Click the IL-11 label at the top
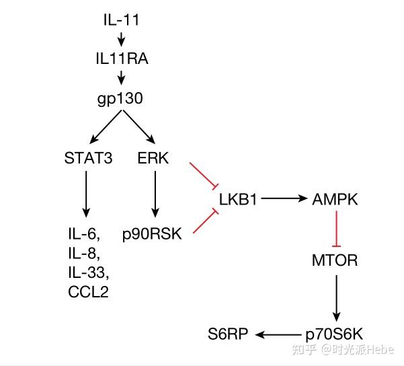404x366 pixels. click(121, 18)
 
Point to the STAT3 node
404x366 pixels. click(88, 159)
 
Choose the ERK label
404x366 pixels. click(155, 159)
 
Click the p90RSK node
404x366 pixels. click(153, 235)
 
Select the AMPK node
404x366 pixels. click(335, 199)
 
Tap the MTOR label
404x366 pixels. click(335, 260)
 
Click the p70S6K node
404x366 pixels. click(335, 333)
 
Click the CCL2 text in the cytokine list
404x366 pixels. click(89, 291)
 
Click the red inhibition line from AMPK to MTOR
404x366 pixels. click(335, 228)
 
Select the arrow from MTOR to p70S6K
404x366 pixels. click(335, 296)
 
